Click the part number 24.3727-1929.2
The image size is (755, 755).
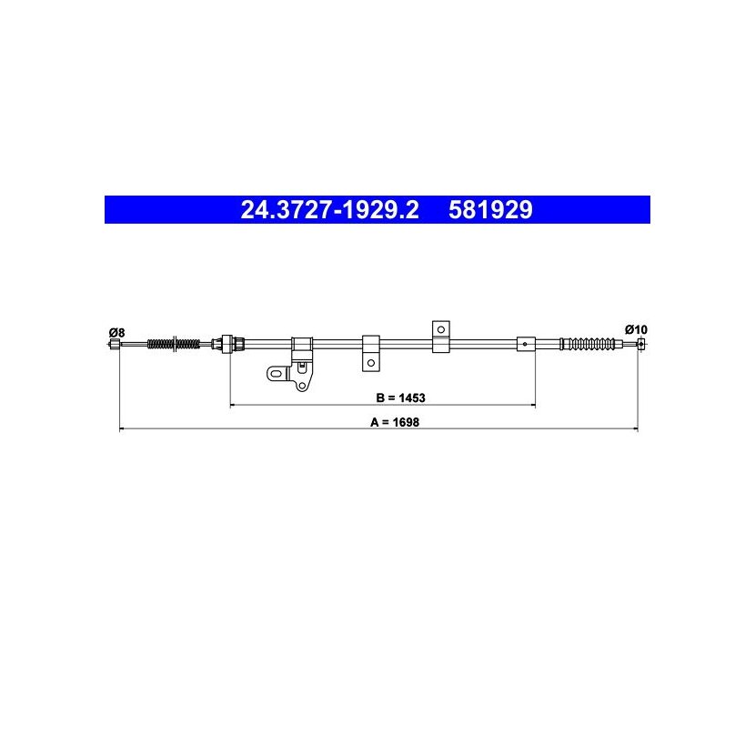click(330, 210)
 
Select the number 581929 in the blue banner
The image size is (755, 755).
click(490, 210)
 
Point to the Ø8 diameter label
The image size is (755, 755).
click(116, 332)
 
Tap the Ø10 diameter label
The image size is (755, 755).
click(636, 330)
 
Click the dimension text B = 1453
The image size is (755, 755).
click(400, 398)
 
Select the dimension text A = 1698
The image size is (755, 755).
click(395, 422)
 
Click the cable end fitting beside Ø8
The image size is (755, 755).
click(116, 344)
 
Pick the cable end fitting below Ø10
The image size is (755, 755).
click(641, 344)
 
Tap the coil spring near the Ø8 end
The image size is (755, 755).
click(174, 344)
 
